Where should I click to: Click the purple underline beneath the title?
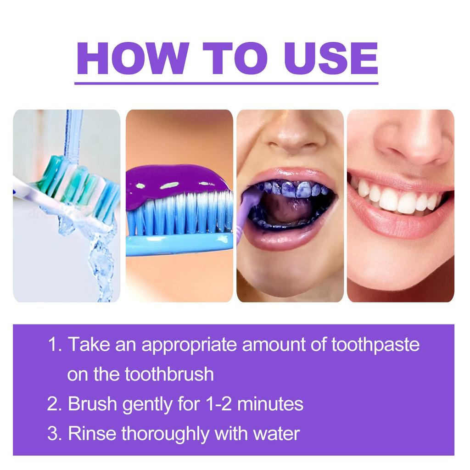(226, 84)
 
